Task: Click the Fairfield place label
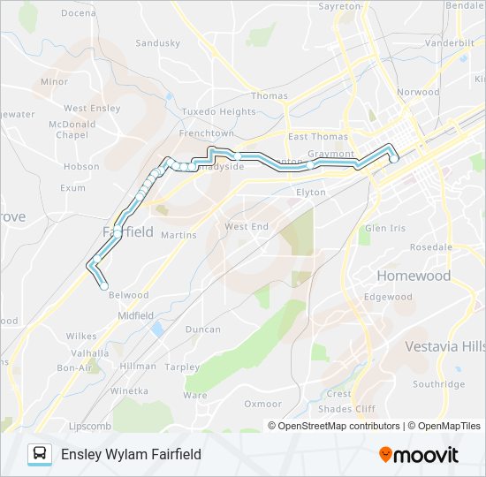[128, 231]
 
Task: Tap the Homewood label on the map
[414, 276]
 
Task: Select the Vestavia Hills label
[445, 346]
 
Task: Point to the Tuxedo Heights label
[218, 112]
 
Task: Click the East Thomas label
[317, 136]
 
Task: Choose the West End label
[246, 227]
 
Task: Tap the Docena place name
[79, 14]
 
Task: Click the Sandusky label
[158, 42]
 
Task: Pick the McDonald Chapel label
[72, 130]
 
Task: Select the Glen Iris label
[385, 228]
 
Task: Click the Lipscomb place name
[88, 425]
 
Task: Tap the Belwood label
[128, 295]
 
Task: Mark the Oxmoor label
[263, 404]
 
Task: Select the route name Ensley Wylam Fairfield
[131, 454]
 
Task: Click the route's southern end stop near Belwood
[104, 286]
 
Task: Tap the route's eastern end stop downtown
[393, 160]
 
